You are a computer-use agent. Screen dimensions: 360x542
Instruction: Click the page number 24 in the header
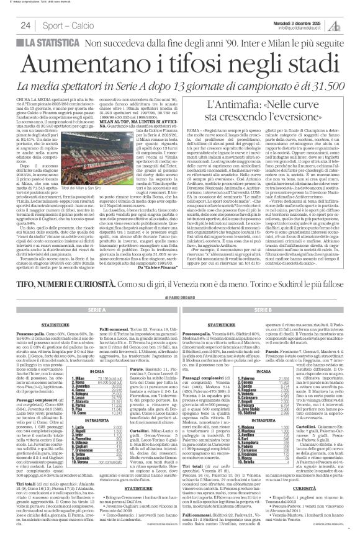(25, 25)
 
